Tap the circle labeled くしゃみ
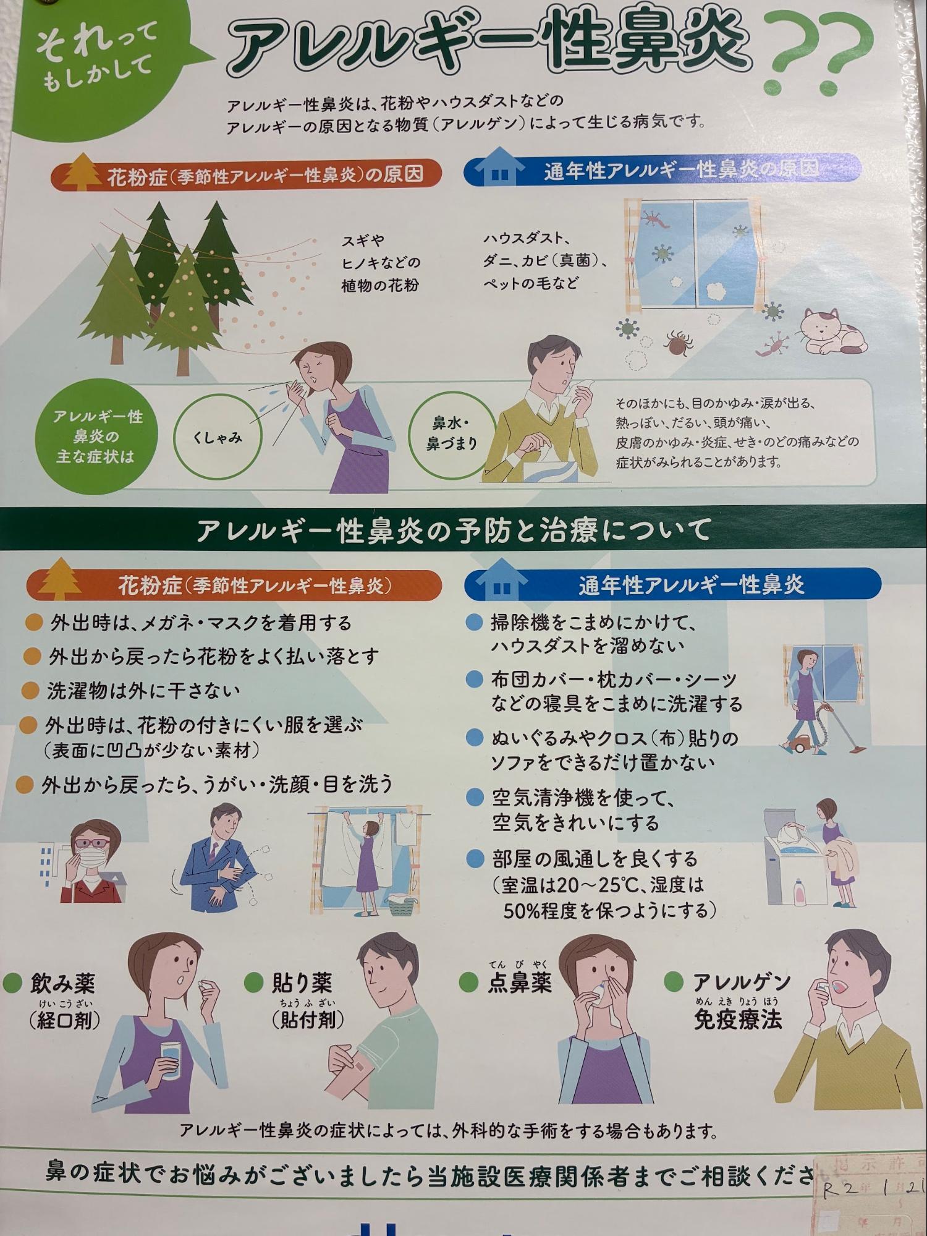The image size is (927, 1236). pos(217,437)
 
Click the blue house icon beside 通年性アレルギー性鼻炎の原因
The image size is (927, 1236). pos(498,167)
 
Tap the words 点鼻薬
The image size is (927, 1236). pos(519,982)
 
